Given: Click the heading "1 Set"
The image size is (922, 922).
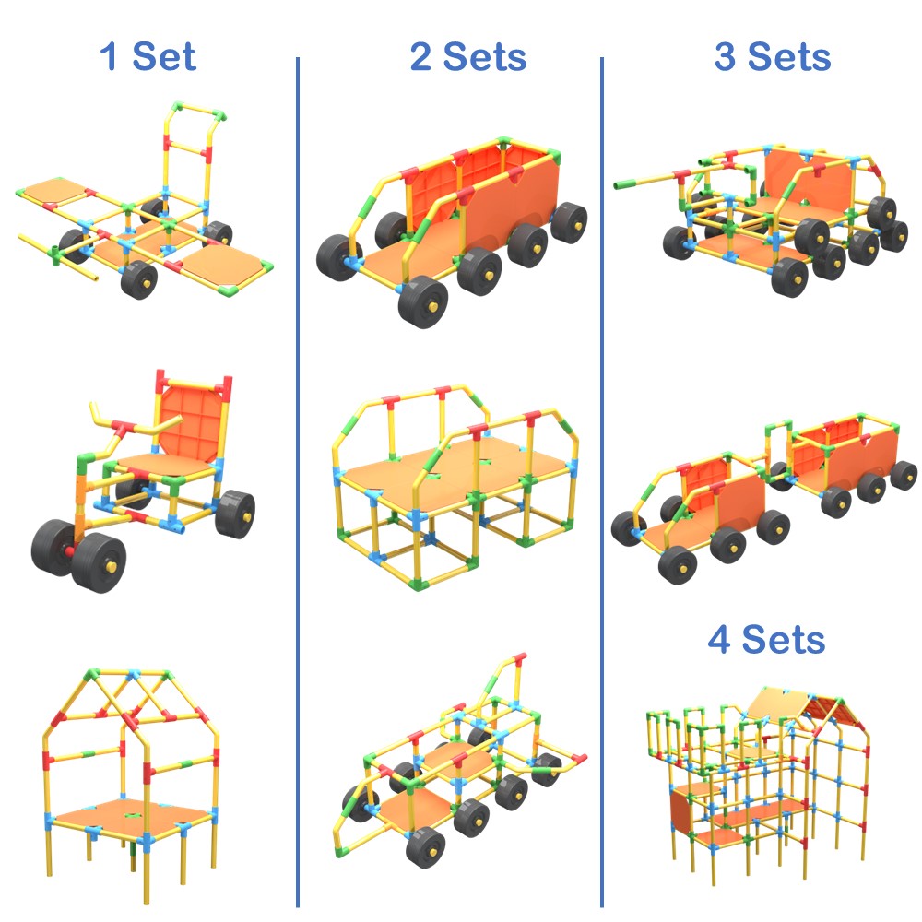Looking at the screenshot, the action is point(148,56).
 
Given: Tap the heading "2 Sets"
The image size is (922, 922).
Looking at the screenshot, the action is point(468,56).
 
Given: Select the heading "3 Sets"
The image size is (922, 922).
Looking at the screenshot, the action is point(773,56).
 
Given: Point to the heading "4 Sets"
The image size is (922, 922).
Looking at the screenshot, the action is point(766,639).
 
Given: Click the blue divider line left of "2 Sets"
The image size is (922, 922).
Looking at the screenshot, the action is point(298,482).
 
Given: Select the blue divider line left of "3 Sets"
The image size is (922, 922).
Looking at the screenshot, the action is point(602,482).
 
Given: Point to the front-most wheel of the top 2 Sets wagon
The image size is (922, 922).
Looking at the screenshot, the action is point(423,302).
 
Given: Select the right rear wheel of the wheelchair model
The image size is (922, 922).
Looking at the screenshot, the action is point(235,514).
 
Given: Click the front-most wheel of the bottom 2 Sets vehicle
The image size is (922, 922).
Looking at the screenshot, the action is point(425,846).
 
